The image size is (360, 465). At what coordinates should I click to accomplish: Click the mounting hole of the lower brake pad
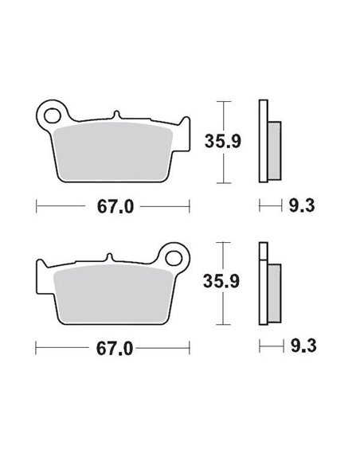click(x=171, y=257)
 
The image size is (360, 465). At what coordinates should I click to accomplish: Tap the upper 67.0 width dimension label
click(x=113, y=207)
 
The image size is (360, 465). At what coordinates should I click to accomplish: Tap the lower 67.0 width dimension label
click(x=113, y=348)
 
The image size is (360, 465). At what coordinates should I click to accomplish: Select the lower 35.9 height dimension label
click(x=244, y=281)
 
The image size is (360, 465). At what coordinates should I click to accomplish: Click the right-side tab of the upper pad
click(x=186, y=131)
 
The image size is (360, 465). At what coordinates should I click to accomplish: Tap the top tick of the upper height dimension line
click(x=225, y=103)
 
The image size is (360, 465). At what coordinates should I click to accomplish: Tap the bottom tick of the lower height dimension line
click(x=225, y=323)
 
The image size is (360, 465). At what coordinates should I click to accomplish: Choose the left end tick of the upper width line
click(x=37, y=207)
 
